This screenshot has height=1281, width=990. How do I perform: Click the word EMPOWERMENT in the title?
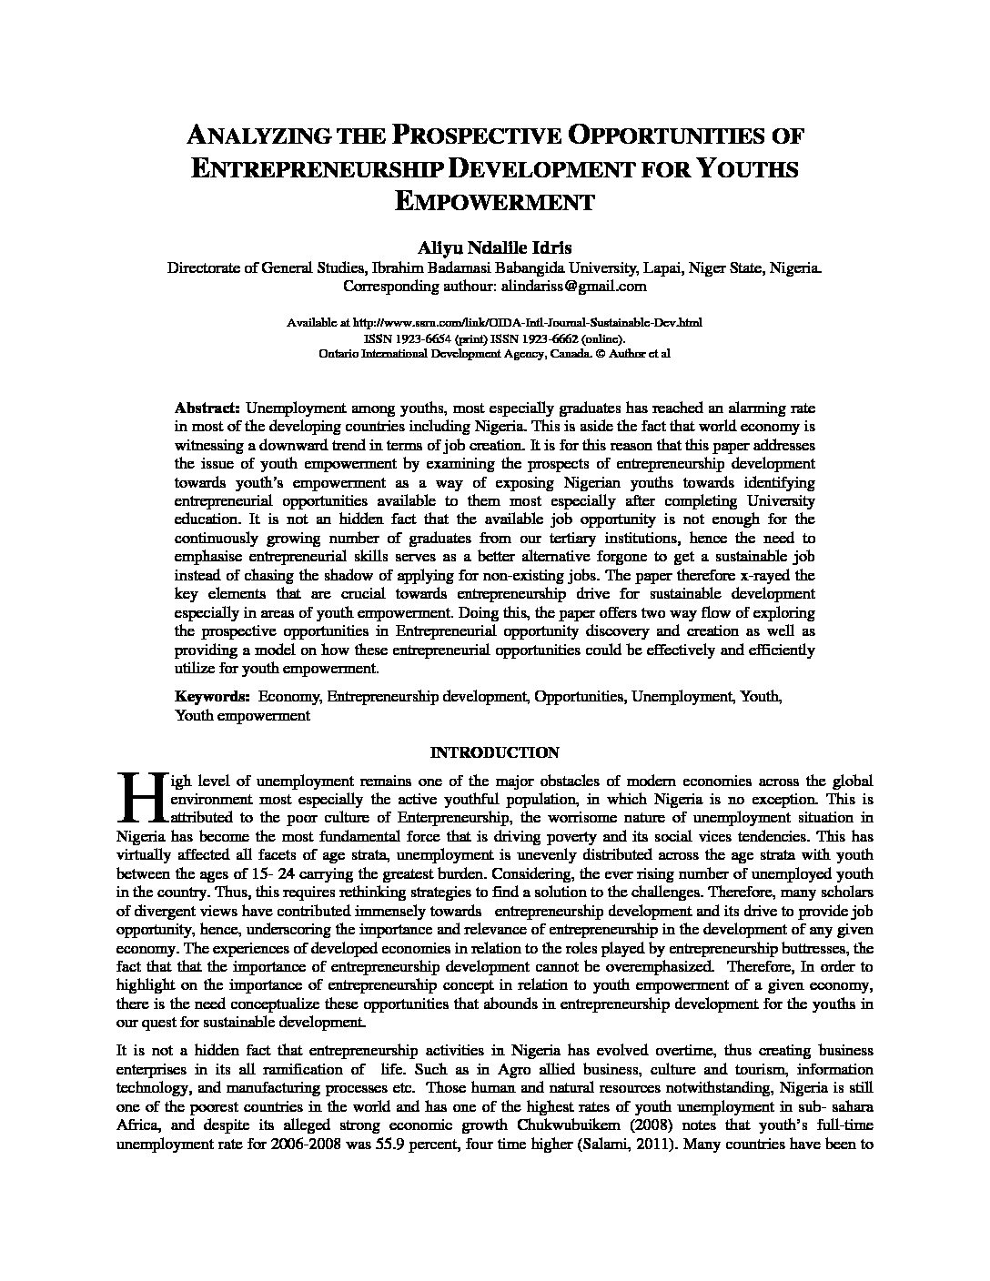494,202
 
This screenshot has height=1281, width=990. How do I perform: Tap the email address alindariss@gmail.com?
573,286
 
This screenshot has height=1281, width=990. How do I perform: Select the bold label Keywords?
212,696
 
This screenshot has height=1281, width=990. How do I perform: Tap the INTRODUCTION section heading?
494,752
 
